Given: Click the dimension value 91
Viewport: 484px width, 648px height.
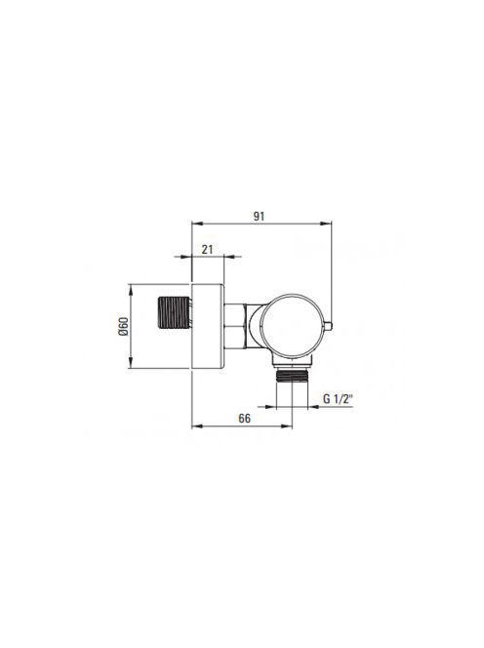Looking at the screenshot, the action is [259, 216].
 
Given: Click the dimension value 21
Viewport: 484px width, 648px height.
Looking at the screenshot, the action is [207, 249].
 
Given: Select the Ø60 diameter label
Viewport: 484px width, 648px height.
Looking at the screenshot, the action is [124, 326].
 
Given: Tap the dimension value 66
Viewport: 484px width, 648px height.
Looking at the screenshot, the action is [244, 419].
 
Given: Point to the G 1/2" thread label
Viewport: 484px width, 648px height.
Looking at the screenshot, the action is [338, 399].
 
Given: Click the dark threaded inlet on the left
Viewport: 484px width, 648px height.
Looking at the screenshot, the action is [174, 313].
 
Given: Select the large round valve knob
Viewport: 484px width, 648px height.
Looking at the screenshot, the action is [292, 326].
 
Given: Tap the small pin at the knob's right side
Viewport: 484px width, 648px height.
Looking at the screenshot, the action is [327, 326].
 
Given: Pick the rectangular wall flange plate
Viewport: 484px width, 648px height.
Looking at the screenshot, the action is [208, 326].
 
